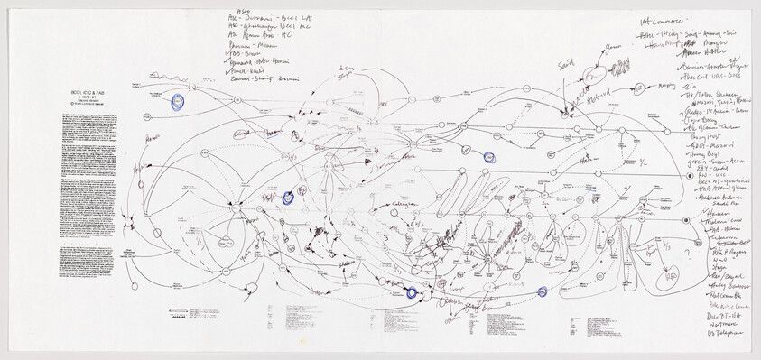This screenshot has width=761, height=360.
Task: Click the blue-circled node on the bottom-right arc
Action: coord(543,291)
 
